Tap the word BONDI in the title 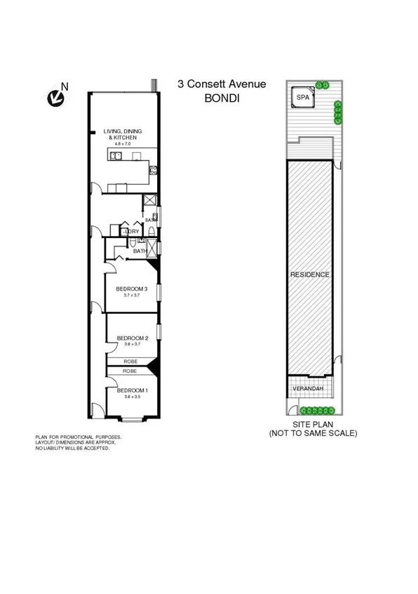tap(222, 98)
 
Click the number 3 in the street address tap(180, 84)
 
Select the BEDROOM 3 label tap(131, 289)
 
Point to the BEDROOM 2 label tap(131, 337)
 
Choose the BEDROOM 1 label tap(131, 390)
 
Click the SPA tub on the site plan tap(302, 98)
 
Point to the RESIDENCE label tap(309, 275)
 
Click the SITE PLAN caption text tap(313, 425)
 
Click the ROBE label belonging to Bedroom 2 tap(130, 361)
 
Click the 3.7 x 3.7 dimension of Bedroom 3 tap(131, 296)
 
